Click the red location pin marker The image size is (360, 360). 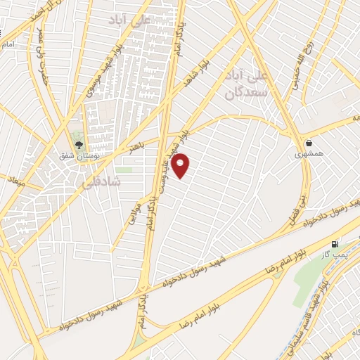coord(181,165)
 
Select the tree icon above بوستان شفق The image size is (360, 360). coord(78,145)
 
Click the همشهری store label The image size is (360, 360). coord(305,153)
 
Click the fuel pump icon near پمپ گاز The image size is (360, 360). coord(344,244)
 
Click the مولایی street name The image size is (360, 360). coord(131,210)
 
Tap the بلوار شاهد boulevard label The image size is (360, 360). coord(196,74)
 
